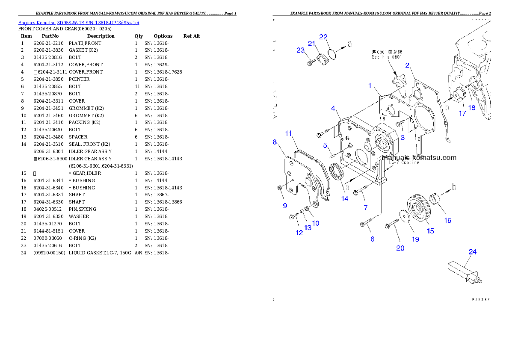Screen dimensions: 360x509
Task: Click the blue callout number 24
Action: point(472,252)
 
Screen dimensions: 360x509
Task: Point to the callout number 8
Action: point(275,142)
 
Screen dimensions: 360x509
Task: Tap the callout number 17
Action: point(462,113)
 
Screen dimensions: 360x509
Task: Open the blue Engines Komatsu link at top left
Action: point(78,23)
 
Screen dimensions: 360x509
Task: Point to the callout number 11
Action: point(289,133)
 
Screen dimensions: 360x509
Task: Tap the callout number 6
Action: point(373,239)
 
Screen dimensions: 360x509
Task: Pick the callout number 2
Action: point(407,65)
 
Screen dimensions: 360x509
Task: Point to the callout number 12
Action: point(299,233)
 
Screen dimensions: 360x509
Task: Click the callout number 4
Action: point(333,108)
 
